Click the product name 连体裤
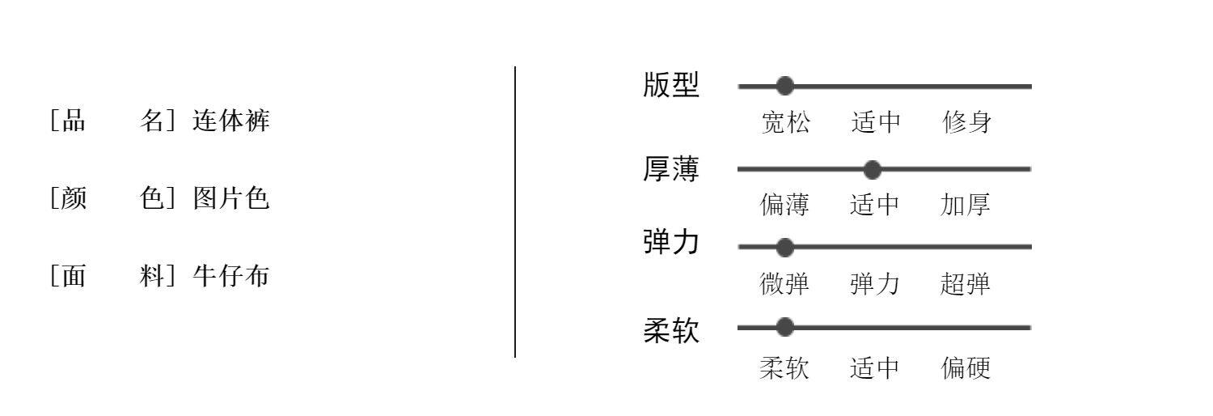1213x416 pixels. click(x=231, y=121)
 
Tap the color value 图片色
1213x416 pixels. click(x=231, y=198)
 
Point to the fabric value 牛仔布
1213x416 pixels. click(x=231, y=276)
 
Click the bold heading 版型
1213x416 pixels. click(x=671, y=85)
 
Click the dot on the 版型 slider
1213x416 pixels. click(x=784, y=86)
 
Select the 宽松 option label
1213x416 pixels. click(x=784, y=123)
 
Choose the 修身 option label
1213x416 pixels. click(x=966, y=123)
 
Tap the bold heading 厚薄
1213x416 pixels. click(x=671, y=169)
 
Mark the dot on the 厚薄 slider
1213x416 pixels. click(x=872, y=169)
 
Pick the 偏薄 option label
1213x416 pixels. click(x=784, y=206)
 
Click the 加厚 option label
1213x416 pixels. click(x=966, y=206)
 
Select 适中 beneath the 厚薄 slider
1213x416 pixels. click(x=875, y=206)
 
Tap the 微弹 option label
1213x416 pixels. click(x=784, y=284)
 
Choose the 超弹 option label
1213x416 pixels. click(x=966, y=284)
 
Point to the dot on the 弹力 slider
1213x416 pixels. click(x=784, y=247)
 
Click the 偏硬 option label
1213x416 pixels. click(x=966, y=369)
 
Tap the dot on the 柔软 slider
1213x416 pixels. click(x=784, y=327)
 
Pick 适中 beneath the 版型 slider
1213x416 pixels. click(x=876, y=123)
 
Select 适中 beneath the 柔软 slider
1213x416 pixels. click(x=875, y=369)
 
